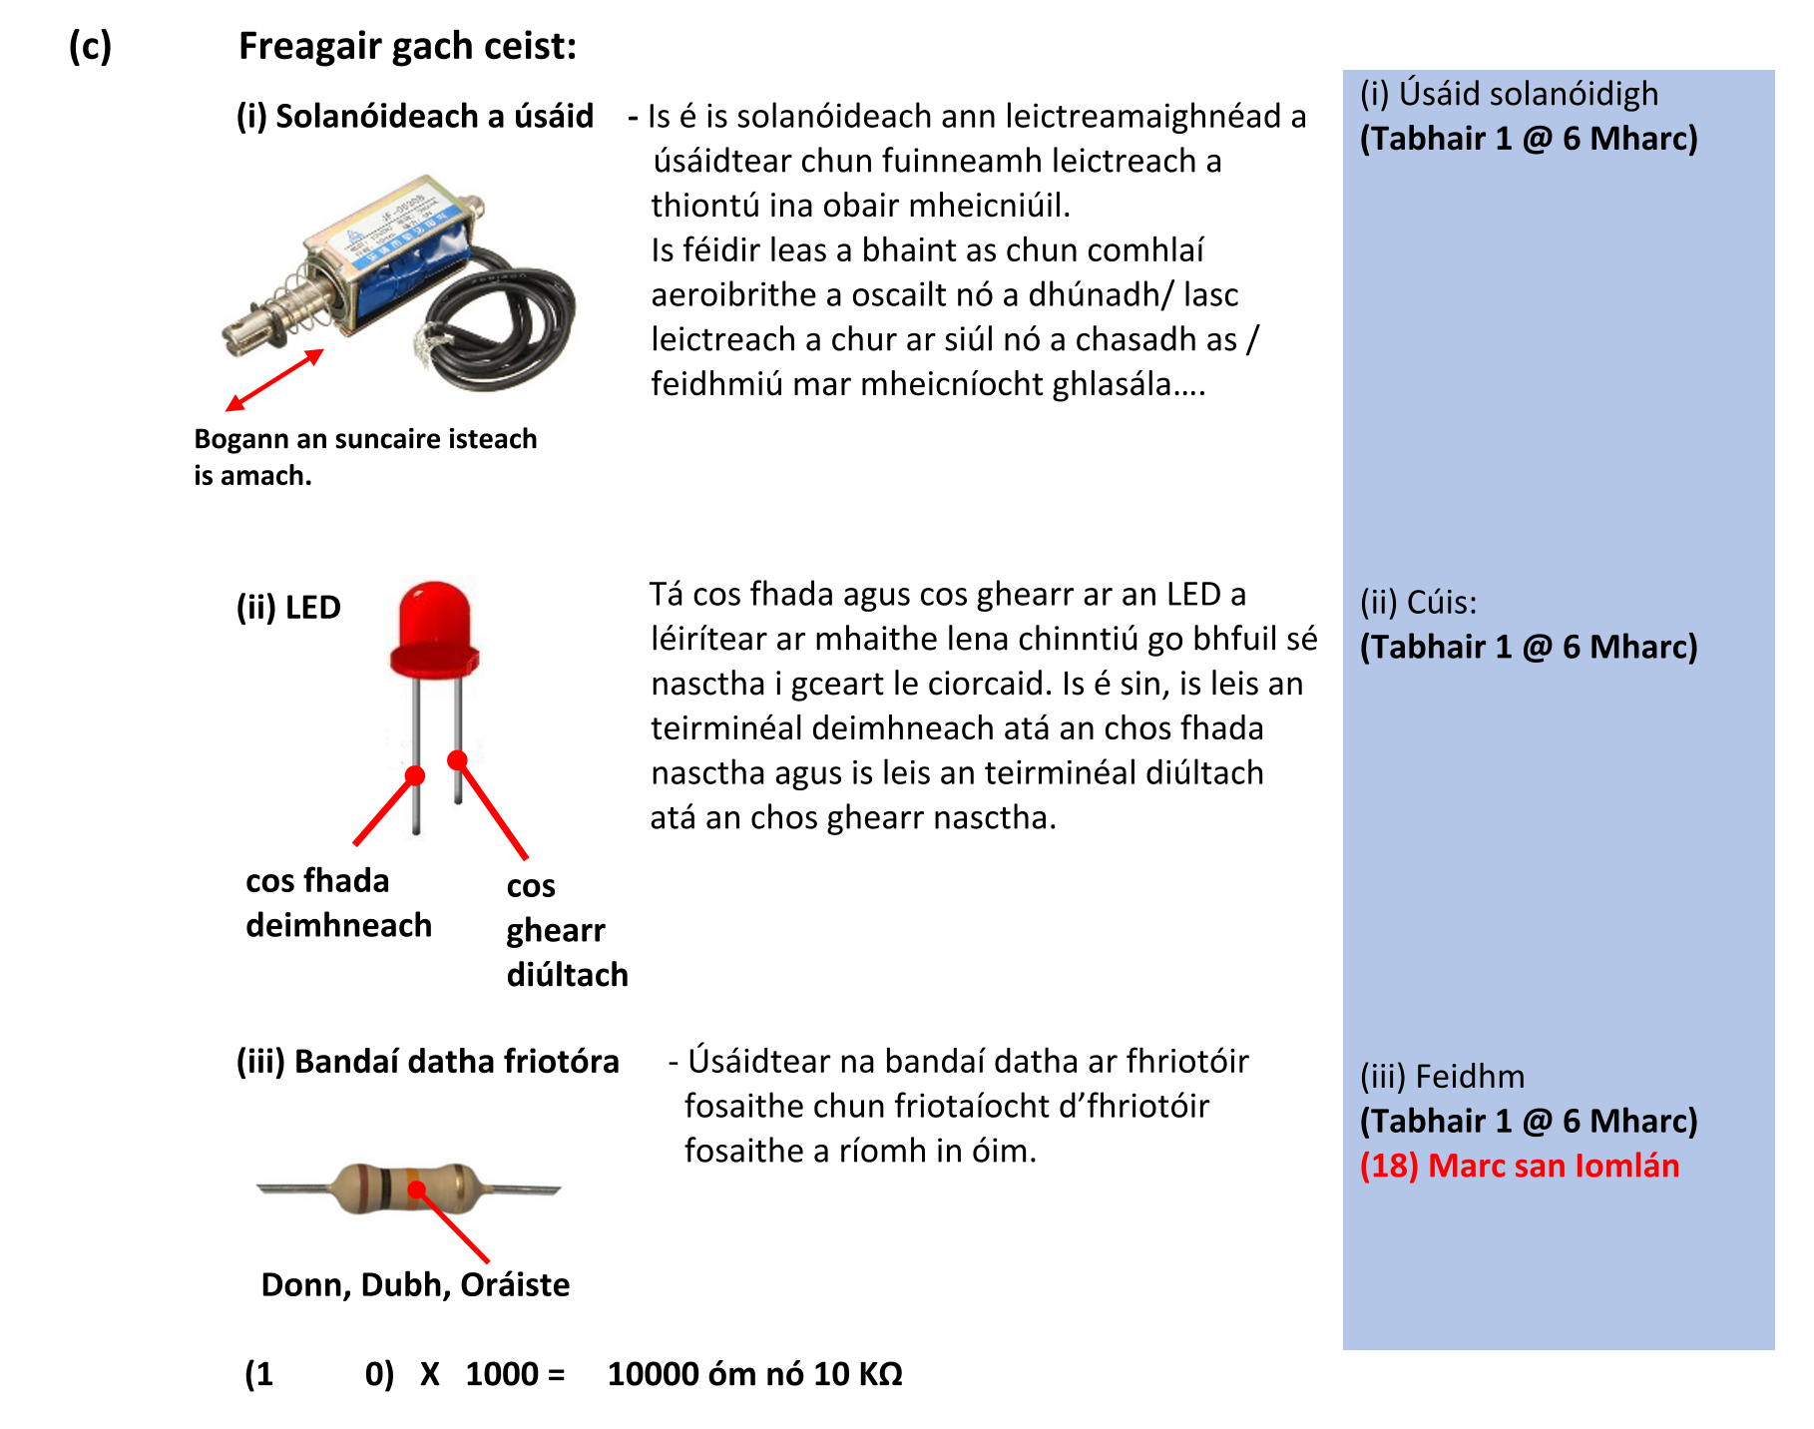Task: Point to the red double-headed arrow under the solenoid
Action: [274, 379]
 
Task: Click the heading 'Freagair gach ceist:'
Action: [407, 46]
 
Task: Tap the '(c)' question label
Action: [90, 46]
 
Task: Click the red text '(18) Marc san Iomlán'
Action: [1519, 1166]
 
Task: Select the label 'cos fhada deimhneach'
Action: [337, 903]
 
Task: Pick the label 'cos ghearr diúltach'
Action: [565, 930]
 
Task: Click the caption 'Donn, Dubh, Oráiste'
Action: [415, 1284]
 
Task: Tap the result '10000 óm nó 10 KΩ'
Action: [754, 1374]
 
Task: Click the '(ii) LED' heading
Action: [288, 607]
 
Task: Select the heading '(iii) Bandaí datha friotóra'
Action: [427, 1061]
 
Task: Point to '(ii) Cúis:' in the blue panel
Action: [1418, 603]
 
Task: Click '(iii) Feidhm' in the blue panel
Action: [1442, 1077]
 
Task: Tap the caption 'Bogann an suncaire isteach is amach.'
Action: [364, 457]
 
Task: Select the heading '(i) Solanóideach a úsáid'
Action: [414, 117]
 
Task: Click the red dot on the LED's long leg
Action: [415, 775]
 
